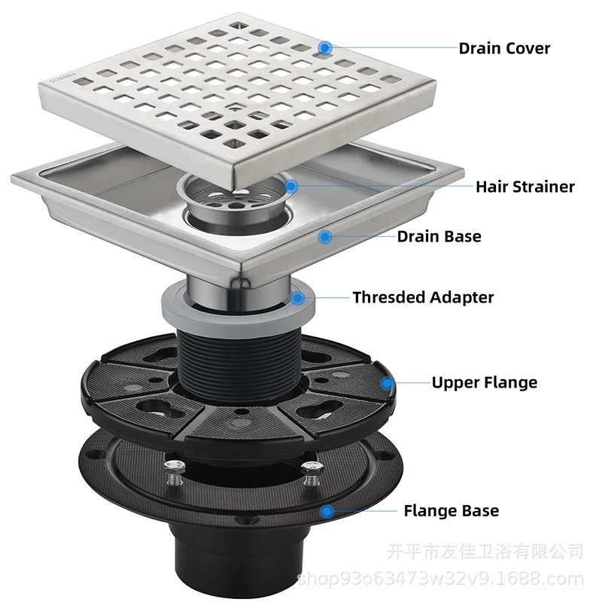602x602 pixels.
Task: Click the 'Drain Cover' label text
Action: click(x=504, y=49)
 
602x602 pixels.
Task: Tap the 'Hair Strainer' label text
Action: click(x=525, y=187)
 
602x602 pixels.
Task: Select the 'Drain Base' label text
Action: click(x=439, y=236)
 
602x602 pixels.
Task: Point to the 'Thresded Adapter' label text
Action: click(x=423, y=297)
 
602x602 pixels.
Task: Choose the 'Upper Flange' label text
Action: click(x=485, y=383)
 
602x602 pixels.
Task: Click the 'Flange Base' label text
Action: click(x=451, y=511)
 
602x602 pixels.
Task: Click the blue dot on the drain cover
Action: click(x=325, y=48)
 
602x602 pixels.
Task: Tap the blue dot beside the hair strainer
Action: click(x=291, y=187)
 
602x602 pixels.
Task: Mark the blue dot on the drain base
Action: click(x=325, y=237)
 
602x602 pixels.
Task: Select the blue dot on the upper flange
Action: click(x=387, y=383)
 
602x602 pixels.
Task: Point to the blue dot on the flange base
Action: click(x=327, y=512)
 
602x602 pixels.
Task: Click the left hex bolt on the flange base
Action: click(x=175, y=473)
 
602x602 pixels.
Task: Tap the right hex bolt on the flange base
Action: click(x=312, y=473)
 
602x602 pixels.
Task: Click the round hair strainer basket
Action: click(x=231, y=199)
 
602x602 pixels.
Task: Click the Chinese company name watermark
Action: click(x=485, y=552)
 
